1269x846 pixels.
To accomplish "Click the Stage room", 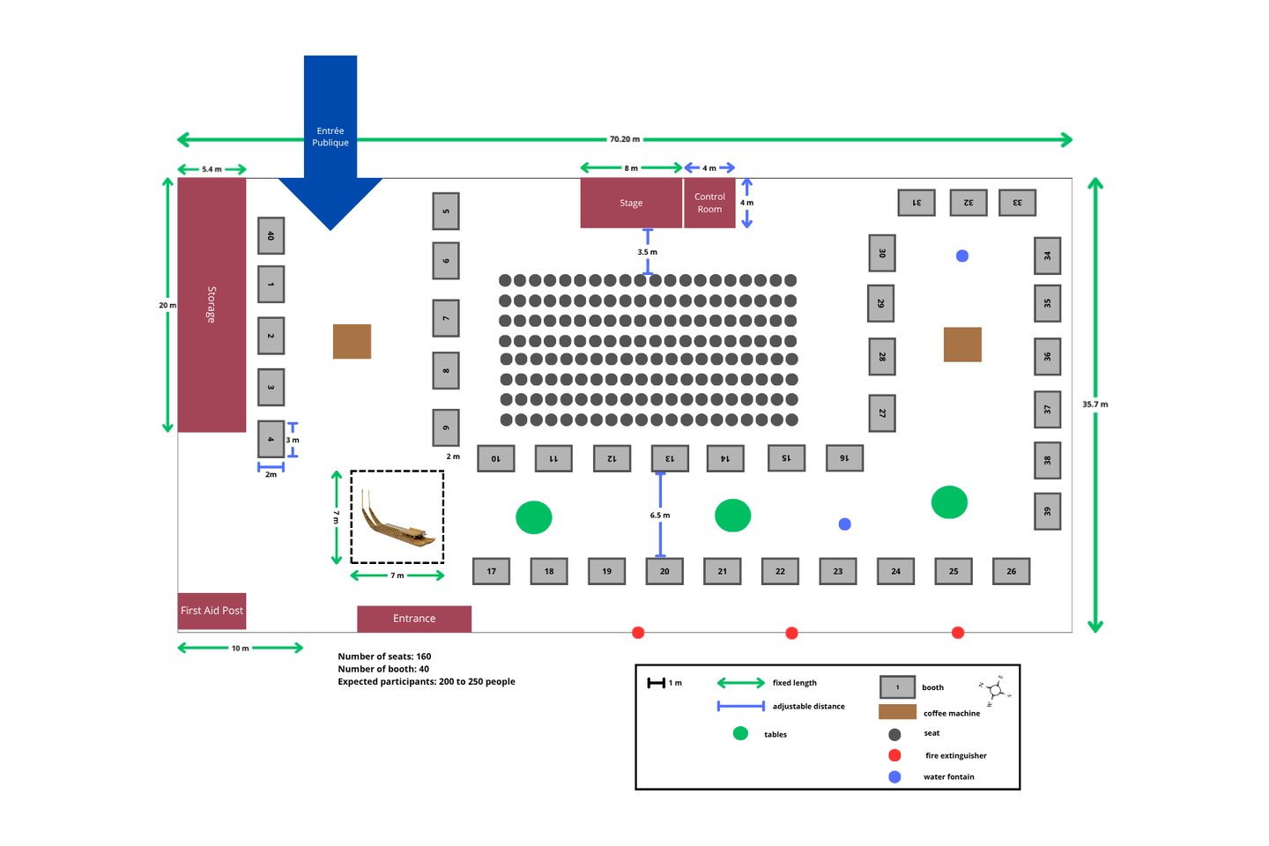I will coord(631,203).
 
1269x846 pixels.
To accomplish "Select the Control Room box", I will coord(709,203).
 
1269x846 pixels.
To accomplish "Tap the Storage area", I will coord(211,304).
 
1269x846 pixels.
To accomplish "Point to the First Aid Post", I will coord(211,611).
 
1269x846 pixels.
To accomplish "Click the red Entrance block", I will coord(414,619).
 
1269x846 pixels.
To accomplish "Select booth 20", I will coord(664,571).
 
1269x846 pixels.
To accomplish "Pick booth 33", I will coord(1017,203).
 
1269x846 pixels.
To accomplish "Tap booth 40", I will coord(271,235).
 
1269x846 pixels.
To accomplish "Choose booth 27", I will coord(882,413).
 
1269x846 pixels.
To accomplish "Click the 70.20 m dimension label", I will coord(625,139).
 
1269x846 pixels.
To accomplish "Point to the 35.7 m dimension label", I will coord(1095,404).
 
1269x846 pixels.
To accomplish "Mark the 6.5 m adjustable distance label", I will coord(660,516).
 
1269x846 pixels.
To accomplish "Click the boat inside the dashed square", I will coord(396,520).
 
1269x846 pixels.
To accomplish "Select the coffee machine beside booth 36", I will coord(962,345).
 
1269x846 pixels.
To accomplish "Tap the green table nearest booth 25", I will coord(949,502).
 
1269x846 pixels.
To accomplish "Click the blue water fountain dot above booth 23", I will coord(844,524).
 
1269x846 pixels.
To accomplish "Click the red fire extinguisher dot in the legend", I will coord(894,755).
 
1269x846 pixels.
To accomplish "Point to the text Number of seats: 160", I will coord(384,657).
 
